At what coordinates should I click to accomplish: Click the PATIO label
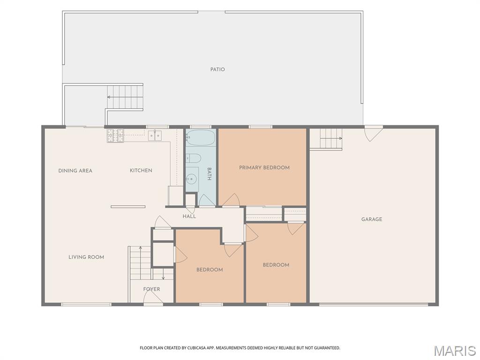217,69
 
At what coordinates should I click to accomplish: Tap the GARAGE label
372,219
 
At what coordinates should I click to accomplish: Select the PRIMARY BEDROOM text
264,167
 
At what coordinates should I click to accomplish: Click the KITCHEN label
141,171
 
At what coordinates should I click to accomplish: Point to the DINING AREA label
75,171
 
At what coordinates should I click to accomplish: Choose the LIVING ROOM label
86,257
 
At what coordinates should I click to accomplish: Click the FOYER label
151,289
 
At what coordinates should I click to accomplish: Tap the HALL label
189,217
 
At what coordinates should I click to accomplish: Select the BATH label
210,174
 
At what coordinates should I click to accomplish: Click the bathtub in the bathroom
201,137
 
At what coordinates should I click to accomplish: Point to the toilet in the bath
194,158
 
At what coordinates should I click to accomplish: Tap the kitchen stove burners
115,135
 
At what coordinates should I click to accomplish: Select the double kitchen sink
155,135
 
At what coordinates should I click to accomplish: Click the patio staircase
125,97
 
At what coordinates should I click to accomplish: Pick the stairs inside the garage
326,139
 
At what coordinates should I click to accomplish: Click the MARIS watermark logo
456,351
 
